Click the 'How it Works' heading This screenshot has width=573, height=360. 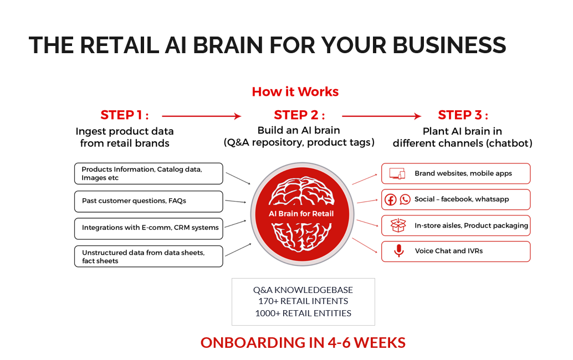[295, 91]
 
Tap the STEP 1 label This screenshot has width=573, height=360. [125, 115]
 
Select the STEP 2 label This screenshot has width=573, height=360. [299, 115]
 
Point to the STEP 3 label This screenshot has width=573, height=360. [463, 115]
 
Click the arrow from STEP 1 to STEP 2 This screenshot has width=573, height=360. [201, 116]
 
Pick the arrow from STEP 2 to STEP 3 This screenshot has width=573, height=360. [381, 116]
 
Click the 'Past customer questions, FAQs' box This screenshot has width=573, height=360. [149, 201]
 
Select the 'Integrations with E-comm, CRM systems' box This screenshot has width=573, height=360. [149, 228]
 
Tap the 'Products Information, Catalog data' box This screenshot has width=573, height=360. [149, 173]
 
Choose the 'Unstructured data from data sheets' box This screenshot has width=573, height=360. [149, 256]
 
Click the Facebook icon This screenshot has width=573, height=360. [390, 199]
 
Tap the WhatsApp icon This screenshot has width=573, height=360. [405, 199]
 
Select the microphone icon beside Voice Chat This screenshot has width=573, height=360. [398, 251]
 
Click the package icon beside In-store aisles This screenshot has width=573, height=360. [398, 225]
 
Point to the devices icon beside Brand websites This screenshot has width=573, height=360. [397, 173]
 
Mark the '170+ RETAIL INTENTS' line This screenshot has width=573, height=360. [303, 301]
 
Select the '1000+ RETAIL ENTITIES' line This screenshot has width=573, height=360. [303, 313]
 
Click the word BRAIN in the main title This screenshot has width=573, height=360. [222, 45]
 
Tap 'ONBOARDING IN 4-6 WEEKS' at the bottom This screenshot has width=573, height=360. [303, 342]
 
